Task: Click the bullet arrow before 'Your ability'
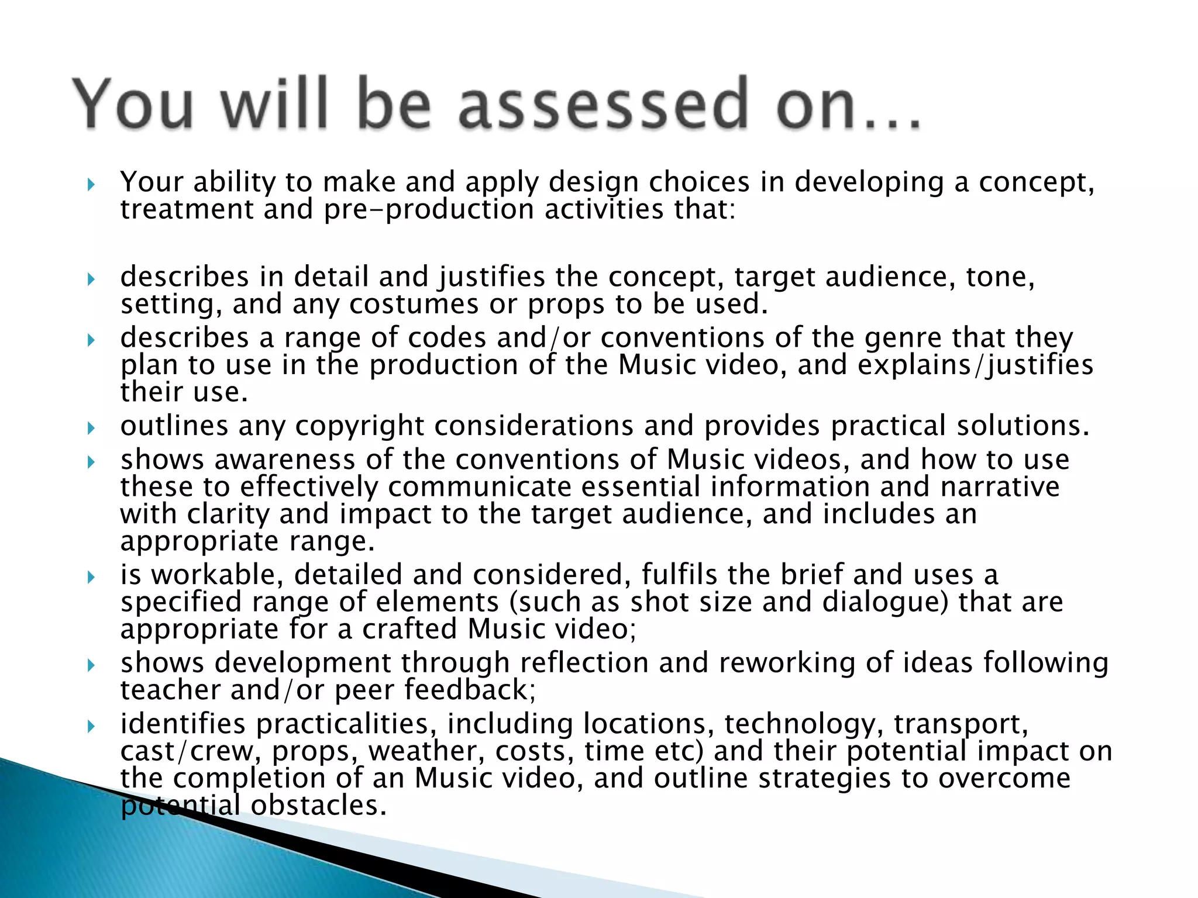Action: point(91,185)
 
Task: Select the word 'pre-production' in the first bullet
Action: point(429,209)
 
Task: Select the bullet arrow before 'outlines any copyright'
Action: point(91,429)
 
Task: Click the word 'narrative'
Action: point(1000,487)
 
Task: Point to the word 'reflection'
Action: point(584,663)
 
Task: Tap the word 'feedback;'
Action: point(470,690)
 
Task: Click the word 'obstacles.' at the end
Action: point(319,806)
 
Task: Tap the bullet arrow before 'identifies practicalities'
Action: point(91,727)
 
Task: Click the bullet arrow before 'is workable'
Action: point(91,578)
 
